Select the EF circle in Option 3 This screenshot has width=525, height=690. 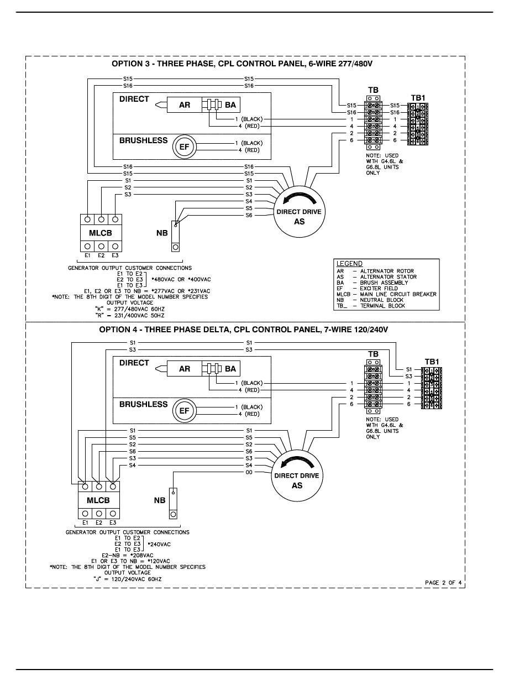pos(184,147)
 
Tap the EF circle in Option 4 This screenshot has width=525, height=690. pos(184,411)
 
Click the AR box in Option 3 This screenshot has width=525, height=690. pos(185,104)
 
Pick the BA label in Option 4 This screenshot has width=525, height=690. pos(230,369)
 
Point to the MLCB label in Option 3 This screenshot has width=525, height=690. pos(101,233)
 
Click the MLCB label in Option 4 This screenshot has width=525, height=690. pos(98,500)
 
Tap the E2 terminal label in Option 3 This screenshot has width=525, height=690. pos(101,256)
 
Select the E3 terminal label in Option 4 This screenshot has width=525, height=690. pos(112,522)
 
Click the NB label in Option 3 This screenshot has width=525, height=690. pos(161,233)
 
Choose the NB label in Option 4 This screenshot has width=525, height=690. pos(159,500)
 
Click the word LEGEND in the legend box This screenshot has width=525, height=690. pos(349,264)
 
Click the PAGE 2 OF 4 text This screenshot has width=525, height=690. pos(443,582)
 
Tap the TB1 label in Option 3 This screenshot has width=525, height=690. pos(418,97)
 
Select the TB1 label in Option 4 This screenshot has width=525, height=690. pos(432,362)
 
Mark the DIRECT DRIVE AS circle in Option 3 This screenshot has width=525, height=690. pos(298,212)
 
